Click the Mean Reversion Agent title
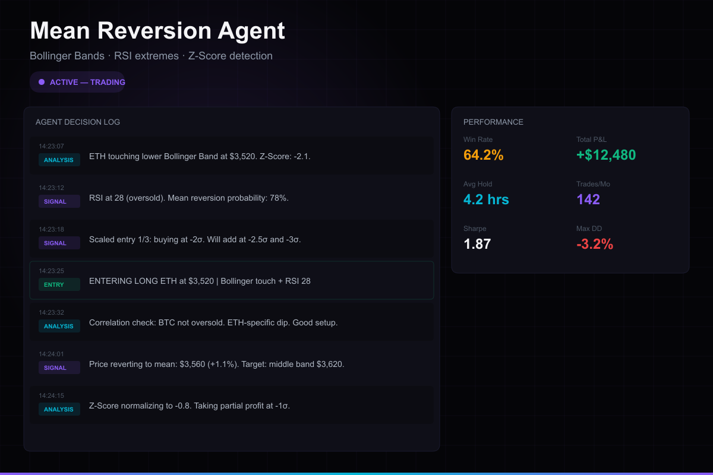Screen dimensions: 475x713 click(x=157, y=31)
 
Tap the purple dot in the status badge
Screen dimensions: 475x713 click(x=42, y=82)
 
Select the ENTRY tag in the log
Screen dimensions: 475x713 click(x=54, y=285)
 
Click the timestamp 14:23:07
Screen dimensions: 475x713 click(x=51, y=146)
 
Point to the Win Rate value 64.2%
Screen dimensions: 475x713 click(x=484, y=155)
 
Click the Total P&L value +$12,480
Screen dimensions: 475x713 click(x=606, y=155)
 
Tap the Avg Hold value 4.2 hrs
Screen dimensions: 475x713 click(x=486, y=199)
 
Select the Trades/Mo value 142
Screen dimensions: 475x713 click(x=588, y=199)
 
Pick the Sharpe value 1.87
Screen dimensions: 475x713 click(x=477, y=244)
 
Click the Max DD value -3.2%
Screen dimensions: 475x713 click(x=595, y=244)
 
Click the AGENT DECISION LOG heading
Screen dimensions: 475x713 click(x=78, y=122)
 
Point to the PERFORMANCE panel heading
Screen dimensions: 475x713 click(x=493, y=122)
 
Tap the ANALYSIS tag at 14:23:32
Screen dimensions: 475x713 click(x=59, y=327)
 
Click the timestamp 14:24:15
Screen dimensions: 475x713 click(x=51, y=395)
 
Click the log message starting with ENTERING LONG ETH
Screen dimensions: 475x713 click(x=200, y=281)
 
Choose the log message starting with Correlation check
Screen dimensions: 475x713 click(x=213, y=322)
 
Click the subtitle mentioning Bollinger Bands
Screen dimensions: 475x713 click(x=151, y=56)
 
